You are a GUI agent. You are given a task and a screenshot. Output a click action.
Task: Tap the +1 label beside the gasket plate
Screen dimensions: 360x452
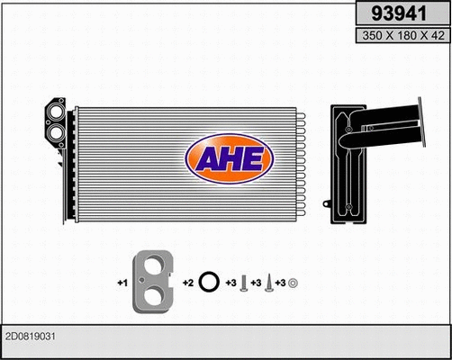tap(122, 283)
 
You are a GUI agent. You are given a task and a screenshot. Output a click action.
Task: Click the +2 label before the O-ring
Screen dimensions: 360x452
tap(186, 283)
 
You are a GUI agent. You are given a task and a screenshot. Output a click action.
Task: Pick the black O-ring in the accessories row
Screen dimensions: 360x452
tap(208, 283)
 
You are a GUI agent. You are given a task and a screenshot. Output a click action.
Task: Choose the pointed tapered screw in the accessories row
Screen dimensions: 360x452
tap(267, 283)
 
